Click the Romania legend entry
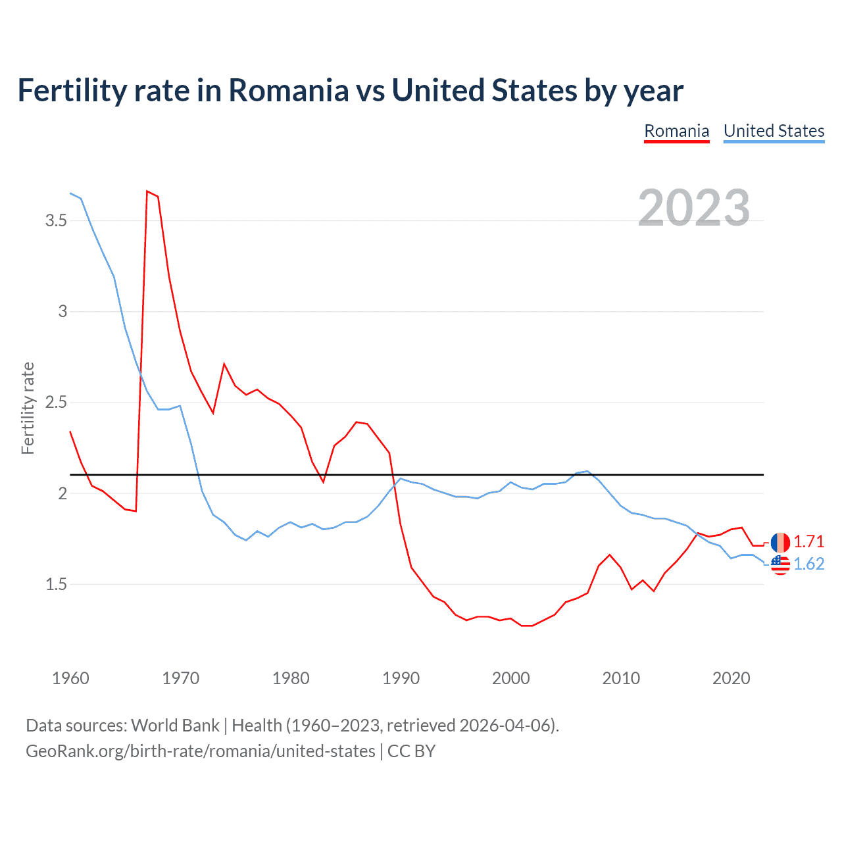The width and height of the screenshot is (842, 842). [676, 131]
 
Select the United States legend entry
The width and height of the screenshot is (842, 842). [774, 131]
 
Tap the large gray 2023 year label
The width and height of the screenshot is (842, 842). [694, 208]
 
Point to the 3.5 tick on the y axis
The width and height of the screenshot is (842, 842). [57, 220]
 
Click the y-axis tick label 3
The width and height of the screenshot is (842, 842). [63, 311]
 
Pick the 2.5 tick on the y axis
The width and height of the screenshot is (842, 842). [57, 402]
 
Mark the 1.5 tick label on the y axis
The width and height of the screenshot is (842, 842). [57, 584]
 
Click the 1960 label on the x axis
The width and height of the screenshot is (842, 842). [70, 678]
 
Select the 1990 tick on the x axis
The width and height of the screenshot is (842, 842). [401, 678]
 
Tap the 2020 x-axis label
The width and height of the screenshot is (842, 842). [731, 678]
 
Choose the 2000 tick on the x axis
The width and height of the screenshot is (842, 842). [510, 678]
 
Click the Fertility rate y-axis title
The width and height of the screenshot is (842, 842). [28, 408]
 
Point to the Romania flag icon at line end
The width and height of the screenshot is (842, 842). [780, 543]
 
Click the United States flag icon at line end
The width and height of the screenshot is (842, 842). [780, 564]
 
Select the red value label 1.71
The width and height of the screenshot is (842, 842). [808, 541]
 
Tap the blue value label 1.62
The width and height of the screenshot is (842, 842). [808, 564]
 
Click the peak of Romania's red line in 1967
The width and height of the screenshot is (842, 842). [147, 191]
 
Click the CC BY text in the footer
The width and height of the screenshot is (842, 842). [411, 751]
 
